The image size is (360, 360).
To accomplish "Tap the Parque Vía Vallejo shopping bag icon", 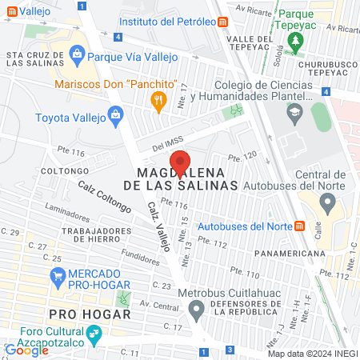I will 77,54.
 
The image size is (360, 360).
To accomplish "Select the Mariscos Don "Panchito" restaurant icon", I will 158,100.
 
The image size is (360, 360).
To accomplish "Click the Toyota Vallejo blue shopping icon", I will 117,115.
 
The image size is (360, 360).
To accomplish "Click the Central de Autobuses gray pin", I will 326,204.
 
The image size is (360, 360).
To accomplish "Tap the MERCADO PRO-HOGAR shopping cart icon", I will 57,277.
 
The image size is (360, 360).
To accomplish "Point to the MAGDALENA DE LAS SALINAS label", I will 187,178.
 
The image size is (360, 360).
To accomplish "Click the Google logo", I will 26,350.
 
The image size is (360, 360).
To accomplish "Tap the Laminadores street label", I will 68,214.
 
